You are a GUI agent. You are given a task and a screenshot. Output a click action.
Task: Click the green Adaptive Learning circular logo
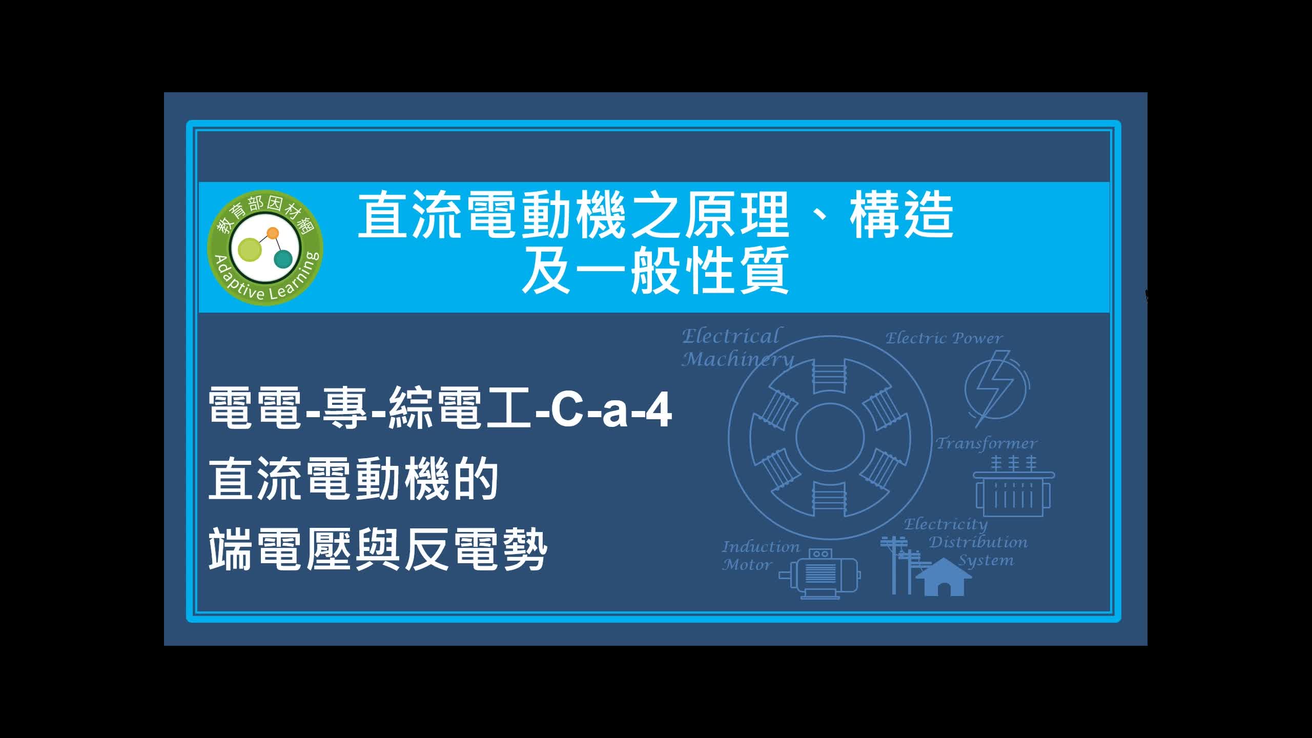(265, 249)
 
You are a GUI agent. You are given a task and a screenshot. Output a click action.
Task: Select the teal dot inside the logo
(283, 259)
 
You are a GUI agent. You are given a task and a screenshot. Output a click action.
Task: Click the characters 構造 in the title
(901, 215)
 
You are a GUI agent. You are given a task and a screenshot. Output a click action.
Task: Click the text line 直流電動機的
(354, 479)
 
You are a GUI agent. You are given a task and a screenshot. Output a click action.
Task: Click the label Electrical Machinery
(737, 347)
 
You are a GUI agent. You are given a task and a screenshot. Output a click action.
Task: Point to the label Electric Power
(944, 338)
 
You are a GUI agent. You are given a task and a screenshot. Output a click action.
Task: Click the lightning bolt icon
(994, 388)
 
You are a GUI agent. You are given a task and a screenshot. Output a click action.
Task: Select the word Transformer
(986, 443)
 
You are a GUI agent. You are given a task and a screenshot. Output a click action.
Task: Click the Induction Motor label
(761, 556)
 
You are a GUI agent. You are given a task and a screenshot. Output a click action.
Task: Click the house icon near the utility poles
(944, 578)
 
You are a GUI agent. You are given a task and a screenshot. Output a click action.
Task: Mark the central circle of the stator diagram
(830, 437)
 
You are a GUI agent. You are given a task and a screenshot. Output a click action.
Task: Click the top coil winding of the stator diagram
(828, 376)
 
